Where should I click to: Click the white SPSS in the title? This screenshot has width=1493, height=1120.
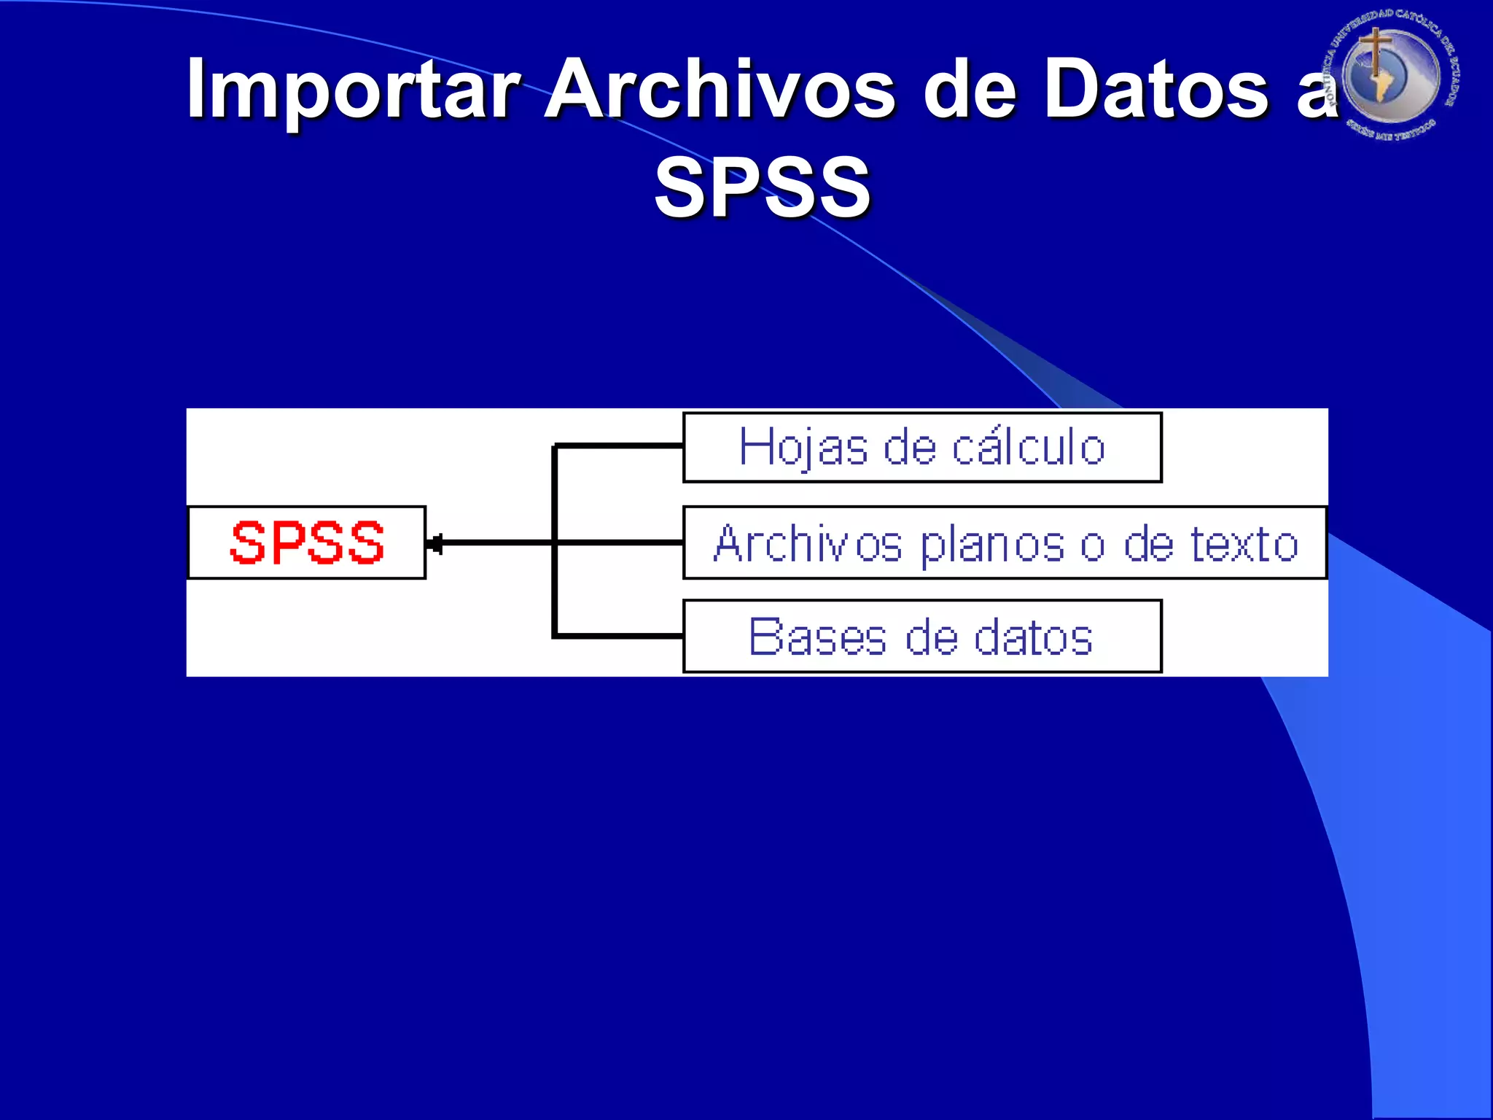tap(763, 187)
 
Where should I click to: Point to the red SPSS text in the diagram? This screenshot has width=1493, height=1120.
tap(307, 542)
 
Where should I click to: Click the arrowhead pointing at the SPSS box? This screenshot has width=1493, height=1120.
tap(434, 543)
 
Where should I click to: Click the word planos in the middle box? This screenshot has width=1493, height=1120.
tap(992, 545)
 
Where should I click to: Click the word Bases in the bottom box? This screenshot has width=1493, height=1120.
tap(817, 637)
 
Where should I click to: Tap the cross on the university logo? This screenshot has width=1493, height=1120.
tap(1374, 51)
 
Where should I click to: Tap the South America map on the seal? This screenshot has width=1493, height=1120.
tap(1382, 84)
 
